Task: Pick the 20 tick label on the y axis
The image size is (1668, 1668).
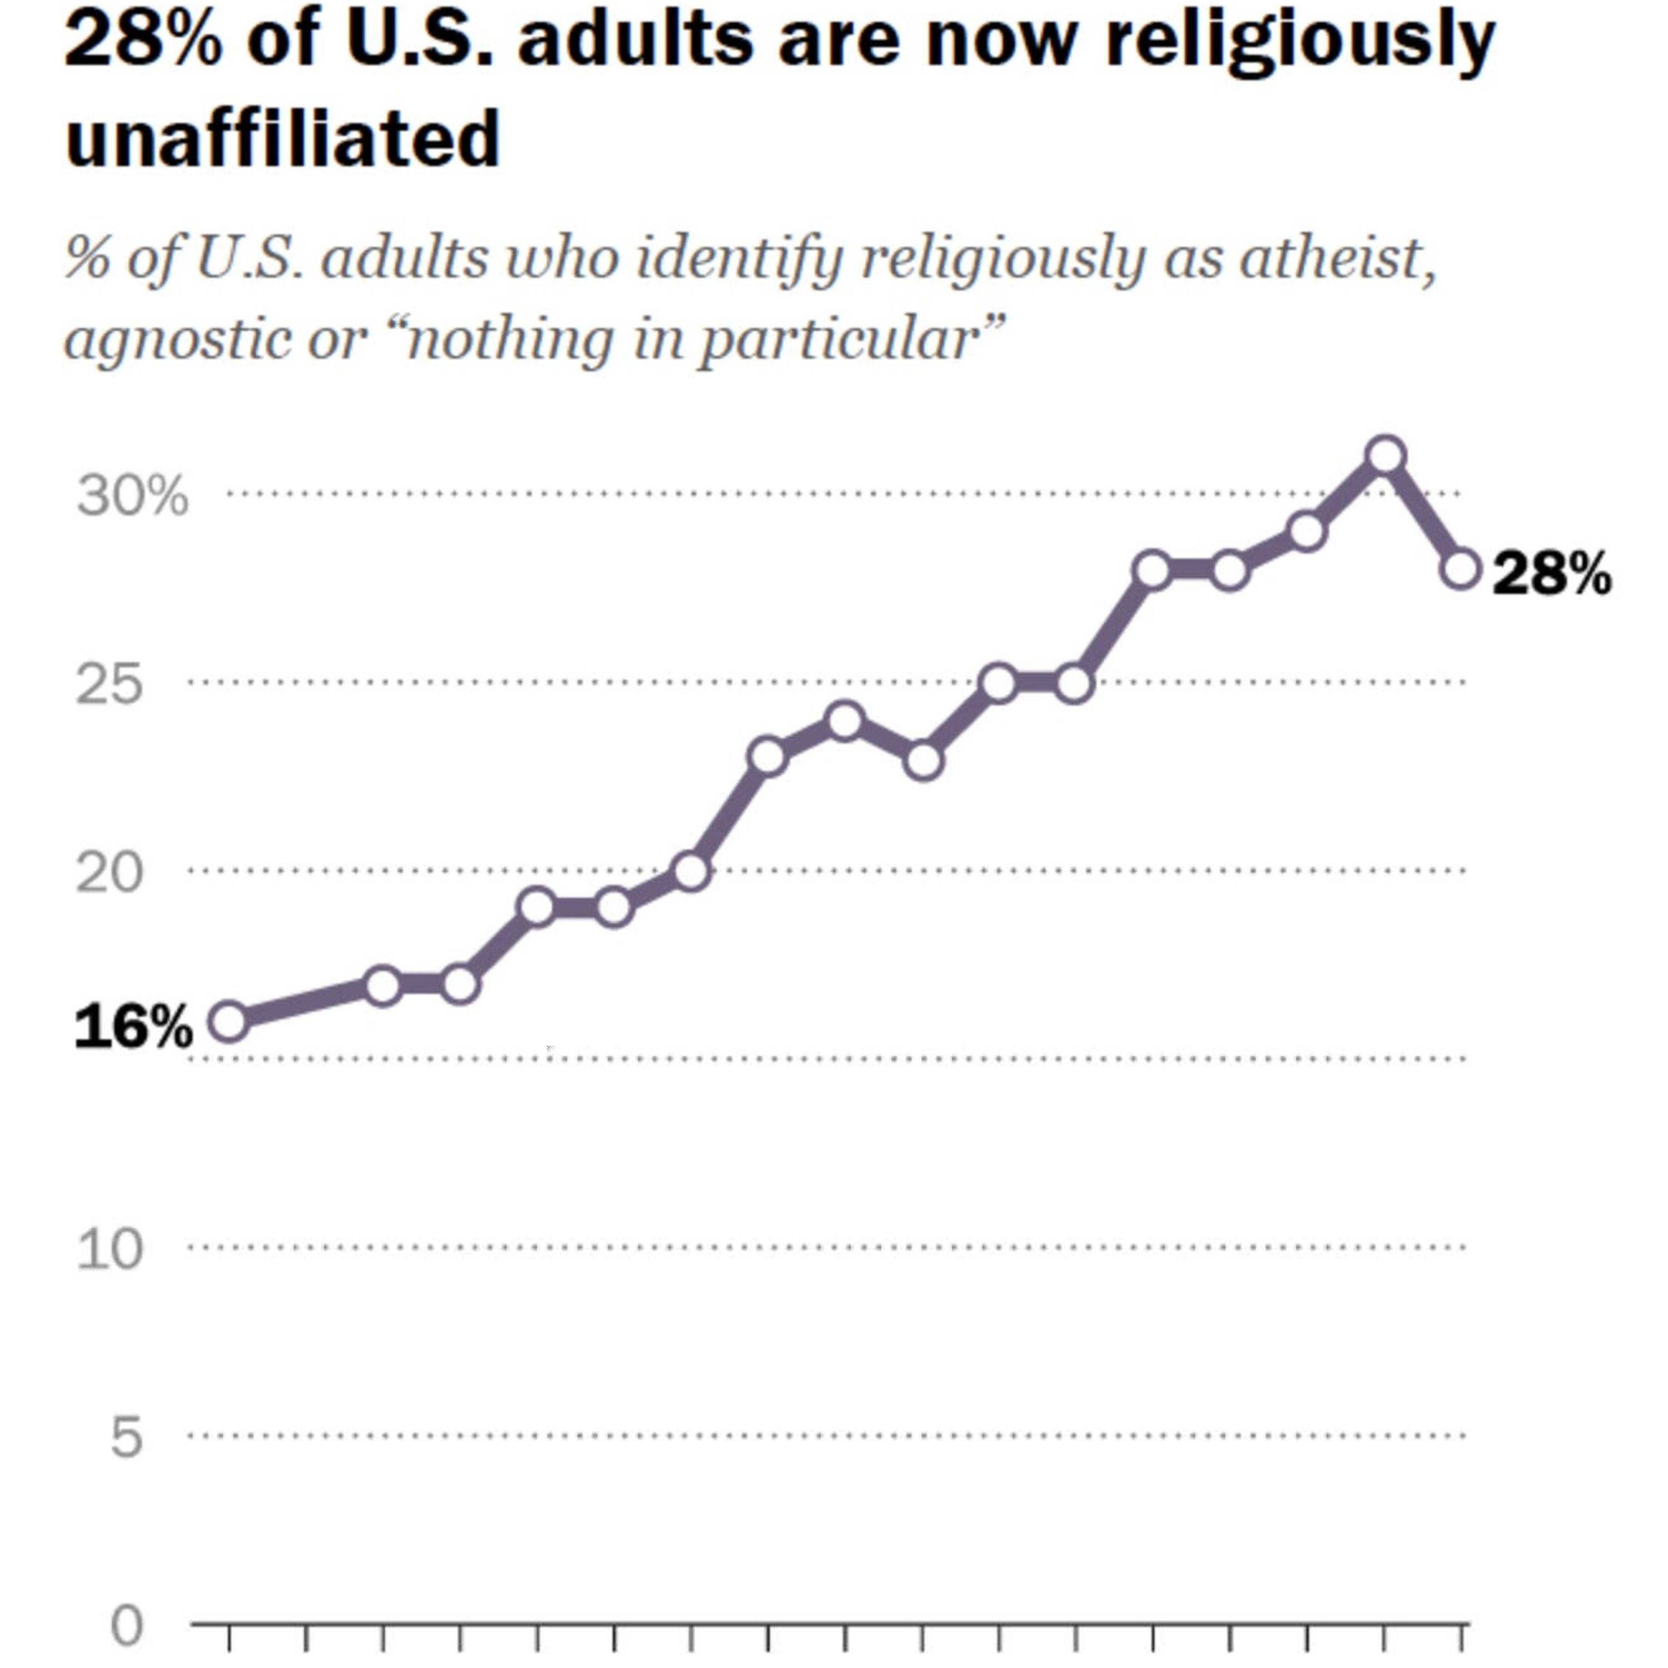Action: pos(109,873)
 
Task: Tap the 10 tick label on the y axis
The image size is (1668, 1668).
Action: pos(109,1249)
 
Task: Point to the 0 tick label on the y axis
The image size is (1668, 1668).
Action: pos(126,1626)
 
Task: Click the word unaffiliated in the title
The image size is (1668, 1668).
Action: pos(282,138)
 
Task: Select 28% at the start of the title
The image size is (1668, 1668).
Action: pos(142,39)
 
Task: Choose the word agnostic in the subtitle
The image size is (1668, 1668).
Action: pos(177,339)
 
